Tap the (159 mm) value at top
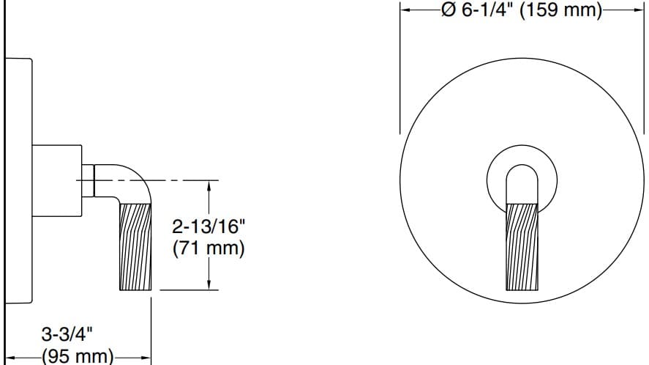point(560,12)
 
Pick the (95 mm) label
point(77,357)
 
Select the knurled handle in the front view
point(521,246)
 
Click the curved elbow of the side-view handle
point(136,180)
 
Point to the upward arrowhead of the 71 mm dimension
point(210,186)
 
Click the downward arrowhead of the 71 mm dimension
point(210,284)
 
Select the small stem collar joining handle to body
point(88,180)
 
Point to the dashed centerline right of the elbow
point(183,180)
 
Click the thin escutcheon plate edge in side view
point(18,180)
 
